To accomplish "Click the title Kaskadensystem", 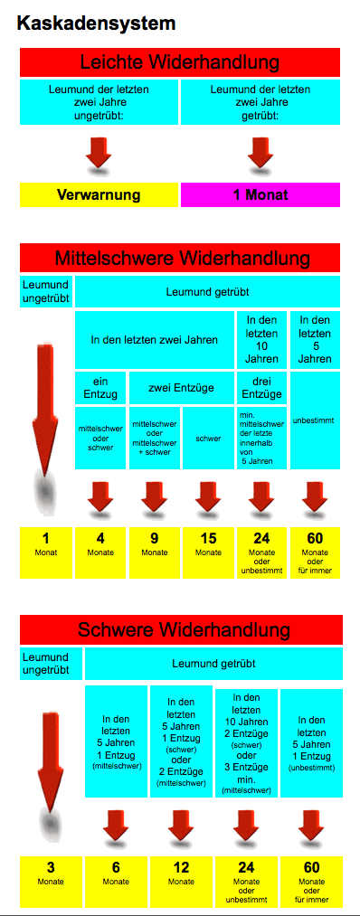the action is click(x=96, y=24).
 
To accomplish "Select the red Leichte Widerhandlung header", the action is click(x=180, y=62).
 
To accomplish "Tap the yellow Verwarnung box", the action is click(x=99, y=194).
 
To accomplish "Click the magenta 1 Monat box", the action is click(x=261, y=194).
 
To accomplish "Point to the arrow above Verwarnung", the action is click(x=99, y=156).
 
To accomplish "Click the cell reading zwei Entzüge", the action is click(x=181, y=387).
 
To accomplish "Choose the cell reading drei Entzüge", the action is click(x=261, y=387).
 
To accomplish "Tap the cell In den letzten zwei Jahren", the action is click(x=155, y=339).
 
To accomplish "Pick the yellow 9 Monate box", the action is click(x=155, y=552).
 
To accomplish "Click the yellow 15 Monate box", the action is click(x=208, y=552).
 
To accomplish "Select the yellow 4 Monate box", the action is click(x=100, y=552).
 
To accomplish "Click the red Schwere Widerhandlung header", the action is click(x=181, y=629).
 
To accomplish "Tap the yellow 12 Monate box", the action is click(x=181, y=882).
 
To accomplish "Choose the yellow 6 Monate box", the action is click(x=116, y=882).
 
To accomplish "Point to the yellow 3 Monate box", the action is click(x=51, y=882).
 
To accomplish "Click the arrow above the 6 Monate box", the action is click(x=116, y=829).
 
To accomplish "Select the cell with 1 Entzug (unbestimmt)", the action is click(x=311, y=743).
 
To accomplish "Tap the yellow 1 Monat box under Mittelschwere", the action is click(x=46, y=552).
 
